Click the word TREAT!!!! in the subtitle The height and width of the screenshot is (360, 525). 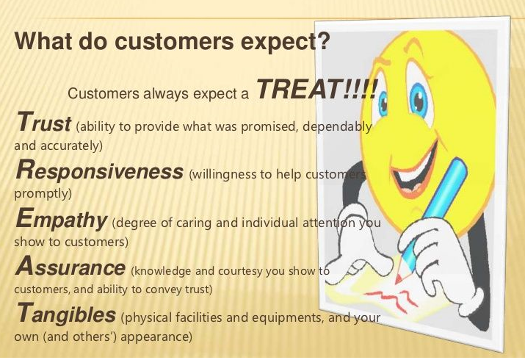tap(316, 89)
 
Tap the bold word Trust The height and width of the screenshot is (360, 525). tap(43, 122)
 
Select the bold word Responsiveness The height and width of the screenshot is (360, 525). tap(99, 170)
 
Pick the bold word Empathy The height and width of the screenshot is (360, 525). tap(61, 220)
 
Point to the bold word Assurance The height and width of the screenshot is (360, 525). tap(70, 266)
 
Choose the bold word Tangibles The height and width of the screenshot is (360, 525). tap(66, 314)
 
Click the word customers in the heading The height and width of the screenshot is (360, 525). tap(174, 40)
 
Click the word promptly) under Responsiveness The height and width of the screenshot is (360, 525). tap(43, 194)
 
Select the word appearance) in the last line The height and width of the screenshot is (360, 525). tap(156, 336)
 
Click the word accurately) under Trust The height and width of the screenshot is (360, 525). tap(71, 146)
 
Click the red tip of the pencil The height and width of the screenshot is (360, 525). tap(399, 279)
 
